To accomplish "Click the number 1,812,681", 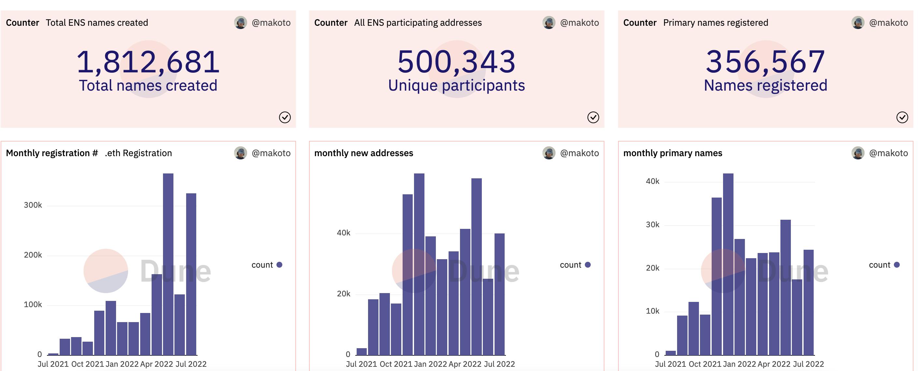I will (x=148, y=62).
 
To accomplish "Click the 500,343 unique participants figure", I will (x=456, y=62).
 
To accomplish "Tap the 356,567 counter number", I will (x=765, y=62).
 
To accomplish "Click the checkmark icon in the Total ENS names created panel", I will (x=285, y=117).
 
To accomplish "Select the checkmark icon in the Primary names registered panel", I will (x=902, y=117).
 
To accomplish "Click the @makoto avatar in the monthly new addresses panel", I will (x=549, y=153).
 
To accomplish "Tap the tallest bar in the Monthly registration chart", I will (x=168, y=264).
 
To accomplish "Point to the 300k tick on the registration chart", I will (x=33, y=205).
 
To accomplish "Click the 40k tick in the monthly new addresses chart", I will (x=344, y=233).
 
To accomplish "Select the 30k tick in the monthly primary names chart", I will (x=653, y=225).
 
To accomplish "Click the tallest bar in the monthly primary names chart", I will (x=728, y=264).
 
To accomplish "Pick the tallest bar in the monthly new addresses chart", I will (x=419, y=264).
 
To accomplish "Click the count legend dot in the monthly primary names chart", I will (x=896, y=265).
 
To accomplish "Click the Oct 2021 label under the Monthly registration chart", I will (x=87, y=364).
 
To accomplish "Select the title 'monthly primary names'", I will (x=673, y=153).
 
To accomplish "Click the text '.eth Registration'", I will (x=138, y=153).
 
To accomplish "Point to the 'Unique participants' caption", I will (x=456, y=85).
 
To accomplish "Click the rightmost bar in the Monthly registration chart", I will (x=191, y=275).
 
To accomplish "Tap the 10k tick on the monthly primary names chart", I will (x=653, y=311).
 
